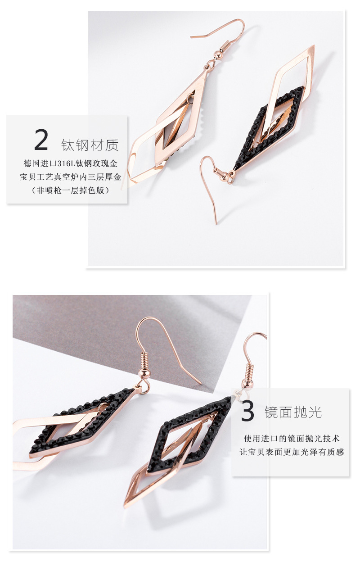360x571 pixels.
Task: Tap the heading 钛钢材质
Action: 90,145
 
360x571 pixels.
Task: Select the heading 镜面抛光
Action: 293,412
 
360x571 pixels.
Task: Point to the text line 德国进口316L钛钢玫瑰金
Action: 71,163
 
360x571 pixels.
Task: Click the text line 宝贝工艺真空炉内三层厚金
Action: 70,177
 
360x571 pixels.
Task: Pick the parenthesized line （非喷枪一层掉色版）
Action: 70,190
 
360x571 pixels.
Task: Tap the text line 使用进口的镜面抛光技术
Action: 292,439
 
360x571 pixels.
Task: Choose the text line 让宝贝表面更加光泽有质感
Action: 292,452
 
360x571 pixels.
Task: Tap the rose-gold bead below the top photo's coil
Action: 217,54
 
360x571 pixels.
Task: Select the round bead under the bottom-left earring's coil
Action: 144,373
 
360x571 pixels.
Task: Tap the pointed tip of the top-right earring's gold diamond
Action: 314,45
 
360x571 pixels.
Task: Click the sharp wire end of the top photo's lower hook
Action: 216,224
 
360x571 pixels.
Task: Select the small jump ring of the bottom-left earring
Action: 144,389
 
